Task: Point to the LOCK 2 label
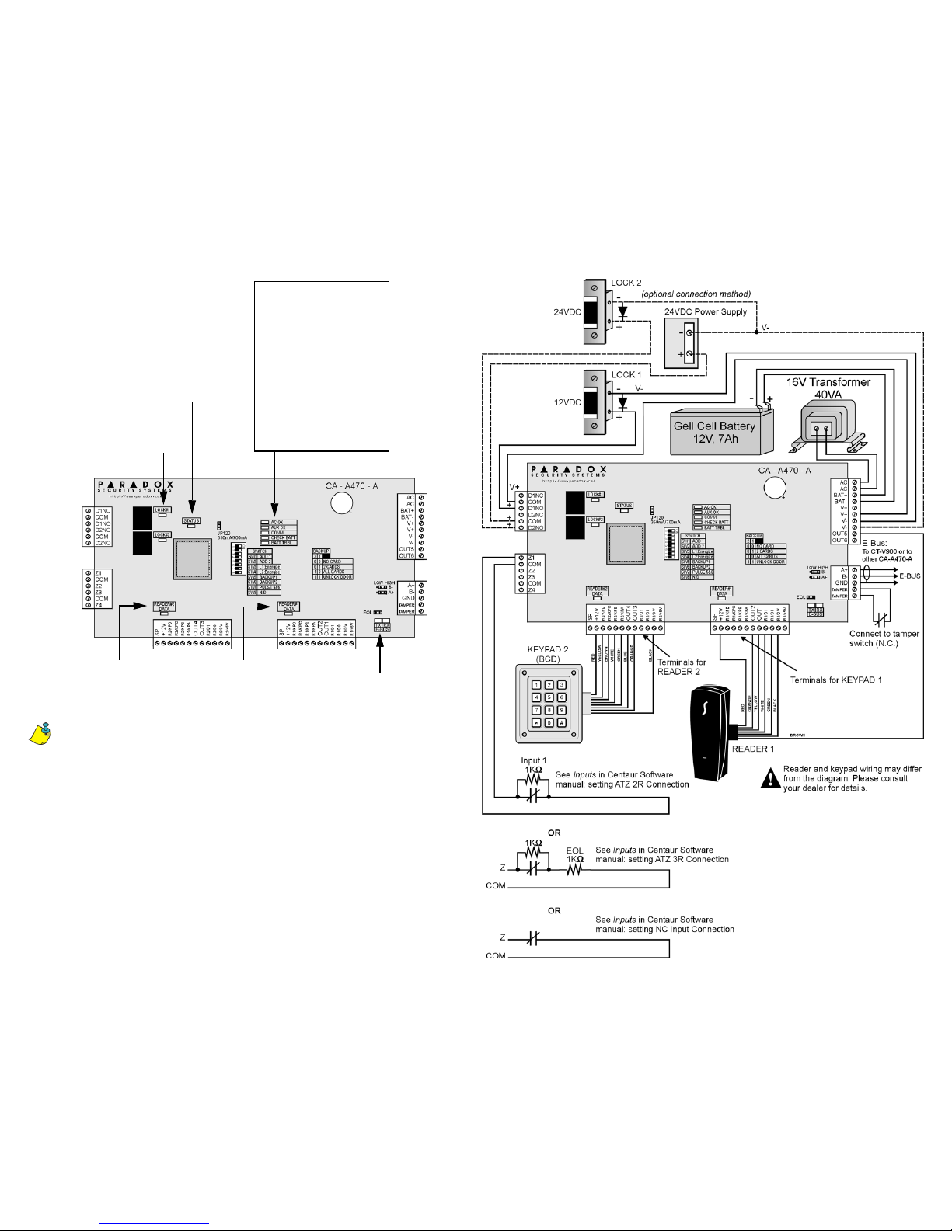626,283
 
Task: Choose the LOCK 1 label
626,374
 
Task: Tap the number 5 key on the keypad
548,697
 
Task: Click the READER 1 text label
753,749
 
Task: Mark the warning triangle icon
770,779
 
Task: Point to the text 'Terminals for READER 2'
682,667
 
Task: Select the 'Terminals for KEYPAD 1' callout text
835,680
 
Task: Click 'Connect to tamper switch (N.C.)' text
884,638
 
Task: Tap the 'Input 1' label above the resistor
534,760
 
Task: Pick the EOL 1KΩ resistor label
575,855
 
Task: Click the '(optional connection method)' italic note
696,294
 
